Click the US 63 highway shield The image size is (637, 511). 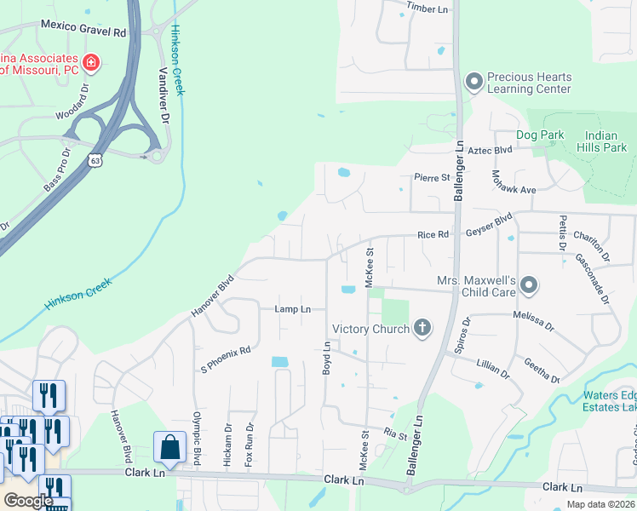pos(95,159)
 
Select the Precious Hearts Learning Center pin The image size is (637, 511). pos(473,83)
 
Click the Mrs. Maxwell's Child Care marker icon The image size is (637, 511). pos(529,285)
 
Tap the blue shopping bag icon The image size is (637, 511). pos(169,447)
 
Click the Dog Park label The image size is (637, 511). pos(541,135)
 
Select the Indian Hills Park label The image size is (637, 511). pos(606,141)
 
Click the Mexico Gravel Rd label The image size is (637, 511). pos(83,30)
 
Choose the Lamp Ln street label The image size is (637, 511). pos(292,309)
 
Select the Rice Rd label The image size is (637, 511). pos(433,236)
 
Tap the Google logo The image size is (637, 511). pos(27,501)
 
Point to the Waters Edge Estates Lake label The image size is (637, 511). pos(609,401)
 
